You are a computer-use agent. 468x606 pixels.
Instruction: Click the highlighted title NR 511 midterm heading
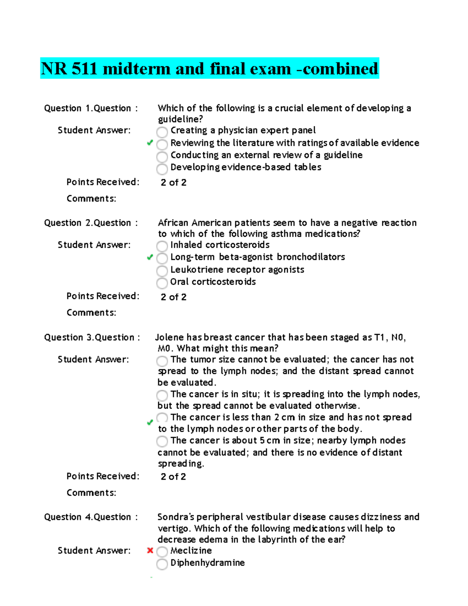click(x=209, y=69)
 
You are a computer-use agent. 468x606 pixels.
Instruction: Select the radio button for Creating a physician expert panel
click(x=162, y=132)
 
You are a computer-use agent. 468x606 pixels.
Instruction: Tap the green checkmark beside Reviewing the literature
click(x=150, y=143)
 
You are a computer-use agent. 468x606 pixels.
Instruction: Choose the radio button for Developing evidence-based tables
click(x=162, y=169)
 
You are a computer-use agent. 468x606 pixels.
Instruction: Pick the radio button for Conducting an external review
click(x=162, y=157)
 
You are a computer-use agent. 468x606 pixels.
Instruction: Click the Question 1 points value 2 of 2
click(x=174, y=183)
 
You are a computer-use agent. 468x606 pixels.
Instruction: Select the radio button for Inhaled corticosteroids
click(x=162, y=246)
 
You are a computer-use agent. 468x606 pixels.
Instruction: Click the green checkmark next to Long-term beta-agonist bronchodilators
click(x=150, y=257)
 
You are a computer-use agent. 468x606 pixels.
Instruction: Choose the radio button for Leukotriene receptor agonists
click(x=162, y=271)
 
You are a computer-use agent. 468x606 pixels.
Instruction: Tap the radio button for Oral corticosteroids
click(x=162, y=283)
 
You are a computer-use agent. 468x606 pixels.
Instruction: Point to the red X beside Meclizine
click(x=150, y=551)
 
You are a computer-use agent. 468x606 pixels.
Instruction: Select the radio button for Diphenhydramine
click(x=162, y=564)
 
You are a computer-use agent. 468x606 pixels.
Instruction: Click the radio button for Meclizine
click(x=162, y=552)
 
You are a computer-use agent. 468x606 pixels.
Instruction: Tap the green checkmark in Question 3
click(x=150, y=422)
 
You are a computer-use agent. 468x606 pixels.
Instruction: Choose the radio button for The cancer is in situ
click(x=162, y=395)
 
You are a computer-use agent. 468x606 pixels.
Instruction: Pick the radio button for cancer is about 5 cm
click(x=162, y=441)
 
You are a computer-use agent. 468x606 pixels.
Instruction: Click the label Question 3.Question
click(x=92, y=338)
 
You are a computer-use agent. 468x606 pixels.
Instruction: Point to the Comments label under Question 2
click(x=91, y=313)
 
